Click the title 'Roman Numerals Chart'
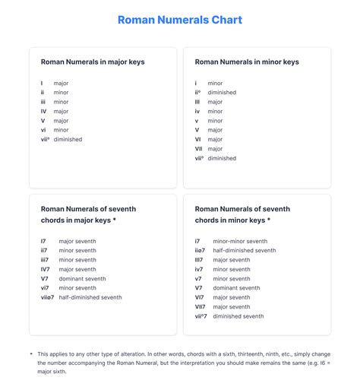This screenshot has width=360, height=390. tap(180, 20)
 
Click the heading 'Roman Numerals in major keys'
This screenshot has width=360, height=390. tap(93, 62)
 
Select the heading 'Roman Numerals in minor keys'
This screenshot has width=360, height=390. tap(247, 62)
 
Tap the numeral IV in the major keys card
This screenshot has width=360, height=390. tap(44, 111)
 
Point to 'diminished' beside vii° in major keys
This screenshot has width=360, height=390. tap(68, 139)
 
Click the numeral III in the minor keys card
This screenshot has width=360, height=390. tap(197, 101)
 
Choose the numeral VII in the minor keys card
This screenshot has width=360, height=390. tap(198, 149)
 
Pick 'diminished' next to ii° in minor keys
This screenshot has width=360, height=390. tap(221, 92)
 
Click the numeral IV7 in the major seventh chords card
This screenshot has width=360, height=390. tap(45, 269)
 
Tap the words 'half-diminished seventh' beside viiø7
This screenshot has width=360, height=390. tap(90, 297)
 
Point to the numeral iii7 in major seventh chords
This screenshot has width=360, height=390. tap(45, 259)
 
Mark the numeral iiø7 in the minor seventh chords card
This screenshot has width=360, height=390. tap(200, 250)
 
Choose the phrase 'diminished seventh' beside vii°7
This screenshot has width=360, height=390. tap(238, 316)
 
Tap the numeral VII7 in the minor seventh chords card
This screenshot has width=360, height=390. tap(200, 306)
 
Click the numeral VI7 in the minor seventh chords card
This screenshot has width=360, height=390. tap(199, 297)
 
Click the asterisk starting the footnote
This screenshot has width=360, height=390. tap(31, 354)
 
